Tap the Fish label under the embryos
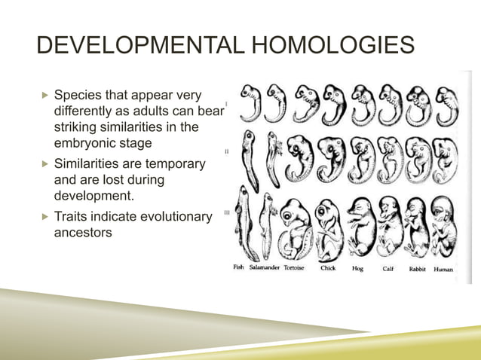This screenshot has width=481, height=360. [x=239, y=268]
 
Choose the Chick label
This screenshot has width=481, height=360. [x=328, y=268]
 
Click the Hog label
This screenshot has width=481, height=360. [x=358, y=268]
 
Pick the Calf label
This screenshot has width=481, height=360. [x=388, y=268]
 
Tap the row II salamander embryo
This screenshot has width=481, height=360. [x=270, y=158]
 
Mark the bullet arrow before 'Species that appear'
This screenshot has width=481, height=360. [x=44, y=96]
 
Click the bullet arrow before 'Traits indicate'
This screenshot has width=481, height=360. [x=44, y=217]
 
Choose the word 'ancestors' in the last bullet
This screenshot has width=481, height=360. [x=83, y=233]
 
